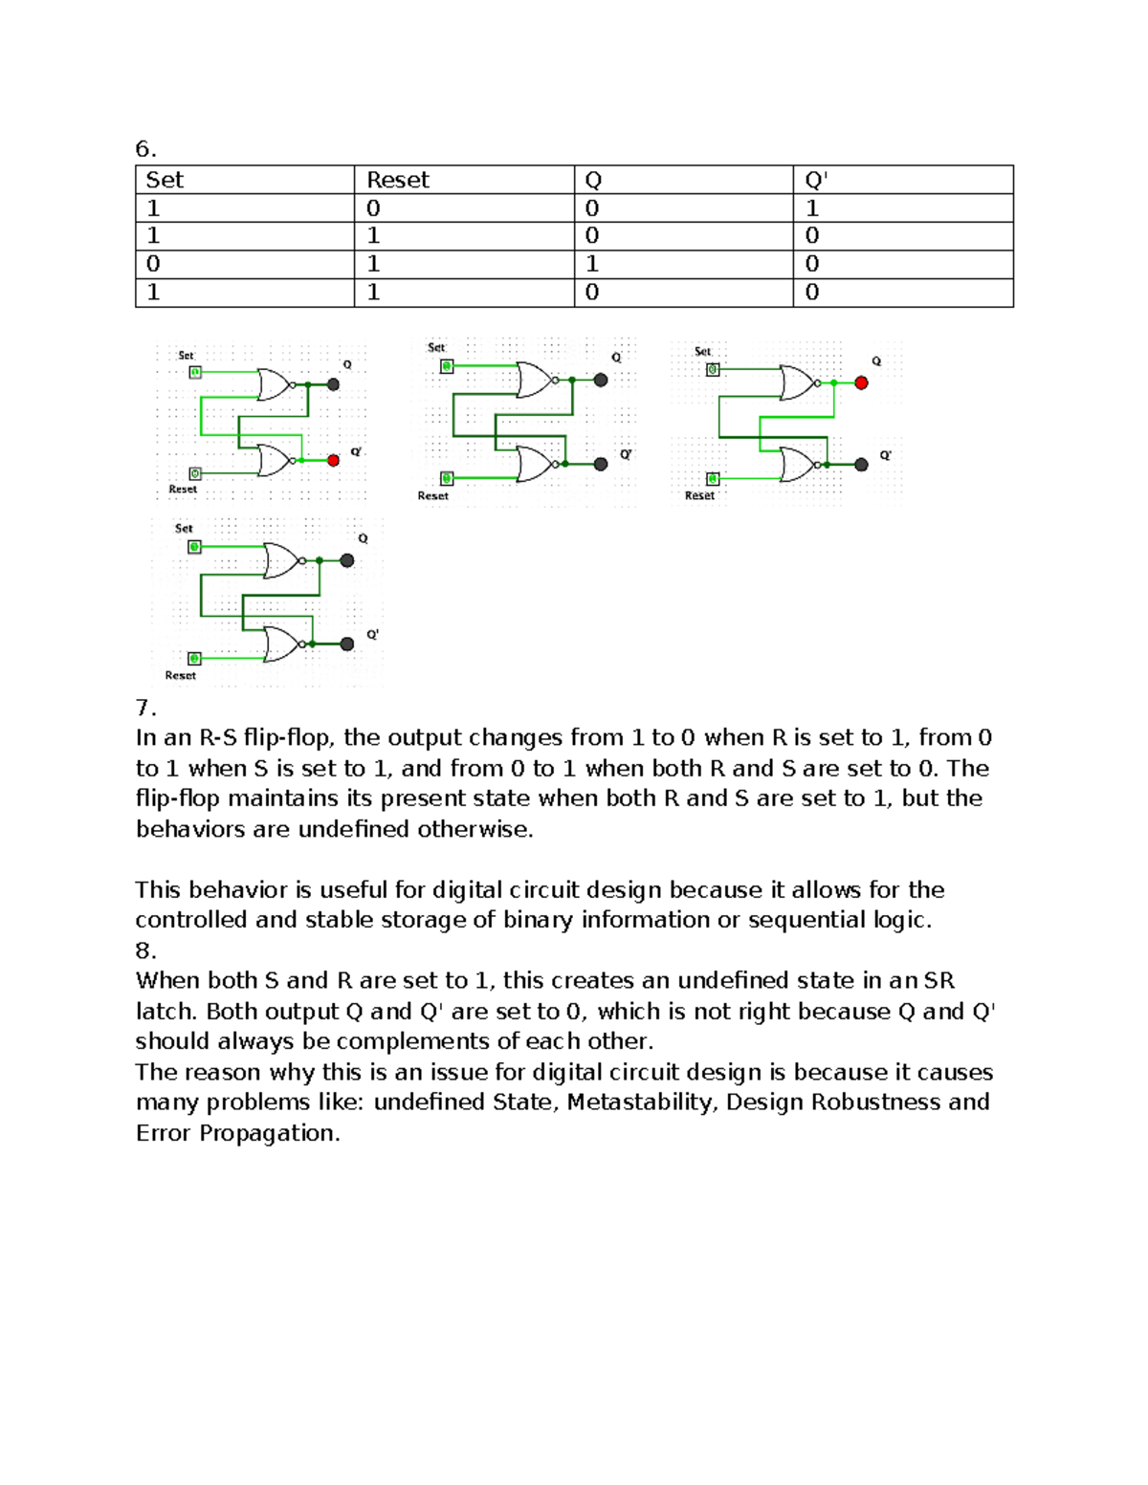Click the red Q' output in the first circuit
tap(333, 461)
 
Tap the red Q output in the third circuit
tap(861, 382)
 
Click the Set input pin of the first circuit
tap(195, 372)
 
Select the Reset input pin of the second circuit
tap(447, 478)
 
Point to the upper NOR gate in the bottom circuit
tap(281, 561)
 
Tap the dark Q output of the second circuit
tap(601, 380)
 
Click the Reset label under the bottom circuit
tap(180, 675)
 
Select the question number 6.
tap(145, 149)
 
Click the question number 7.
tap(145, 708)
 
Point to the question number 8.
tap(145, 950)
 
